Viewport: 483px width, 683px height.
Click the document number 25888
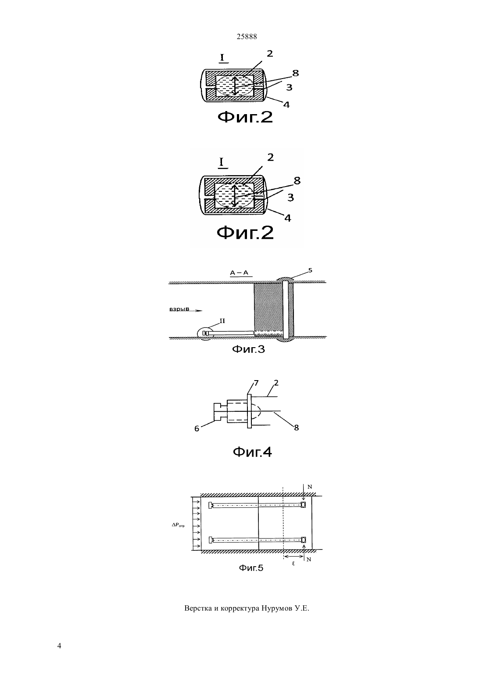tap(247, 36)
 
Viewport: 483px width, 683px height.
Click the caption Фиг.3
tap(248, 349)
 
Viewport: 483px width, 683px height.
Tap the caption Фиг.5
tap(251, 568)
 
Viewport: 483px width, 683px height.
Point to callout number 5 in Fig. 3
tap(310, 270)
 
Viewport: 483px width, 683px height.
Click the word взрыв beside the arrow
tap(179, 309)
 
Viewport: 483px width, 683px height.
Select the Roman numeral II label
tap(222, 321)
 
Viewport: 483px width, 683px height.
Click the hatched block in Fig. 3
tap(268, 307)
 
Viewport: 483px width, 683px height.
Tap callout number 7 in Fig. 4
tap(256, 383)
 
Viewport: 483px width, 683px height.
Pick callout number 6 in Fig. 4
tap(197, 428)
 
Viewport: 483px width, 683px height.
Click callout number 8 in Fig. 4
tap(296, 428)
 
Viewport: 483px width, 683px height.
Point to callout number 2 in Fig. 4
tap(276, 383)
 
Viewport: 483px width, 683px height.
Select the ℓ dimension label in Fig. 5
tap(293, 564)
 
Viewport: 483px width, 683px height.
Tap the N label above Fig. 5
tap(310, 487)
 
